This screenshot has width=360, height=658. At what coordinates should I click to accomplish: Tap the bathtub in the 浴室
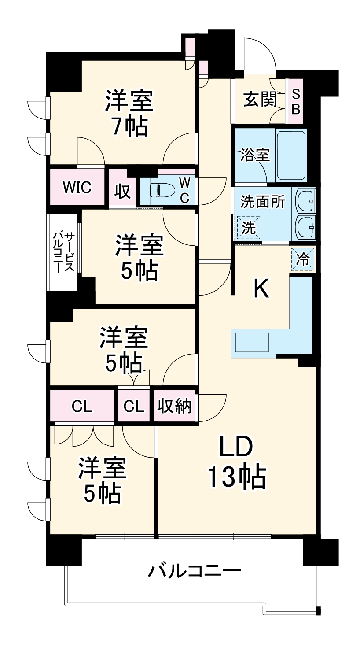click(x=291, y=155)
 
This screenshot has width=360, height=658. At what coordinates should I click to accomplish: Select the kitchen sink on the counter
click(x=252, y=342)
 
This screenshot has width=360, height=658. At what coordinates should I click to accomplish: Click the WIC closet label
click(x=77, y=187)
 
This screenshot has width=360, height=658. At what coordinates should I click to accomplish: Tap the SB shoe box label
click(x=296, y=102)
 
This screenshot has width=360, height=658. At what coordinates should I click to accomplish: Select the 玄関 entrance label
click(x=260, y=101)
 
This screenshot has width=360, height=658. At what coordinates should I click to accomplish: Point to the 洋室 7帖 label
click(x=129, y=113)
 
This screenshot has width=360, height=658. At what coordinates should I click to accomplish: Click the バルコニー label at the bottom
click(x=194, y=572)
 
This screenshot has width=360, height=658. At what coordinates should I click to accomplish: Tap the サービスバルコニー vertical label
click(x=63, y=252)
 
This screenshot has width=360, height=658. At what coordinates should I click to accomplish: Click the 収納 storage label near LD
click(x=175, y=406)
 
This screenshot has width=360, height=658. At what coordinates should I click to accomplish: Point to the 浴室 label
click(x=255, y=155)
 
